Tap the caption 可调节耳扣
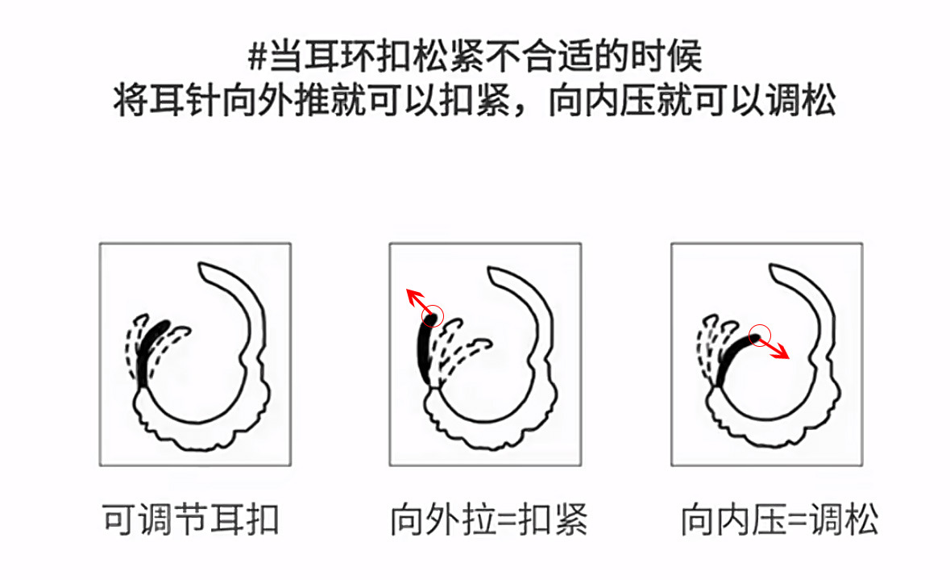click(x=192, y=519)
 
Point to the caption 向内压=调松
click(x=779, y=519)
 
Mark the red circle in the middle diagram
click(x=433, y=315)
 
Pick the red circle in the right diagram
click(x=760, y=336)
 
